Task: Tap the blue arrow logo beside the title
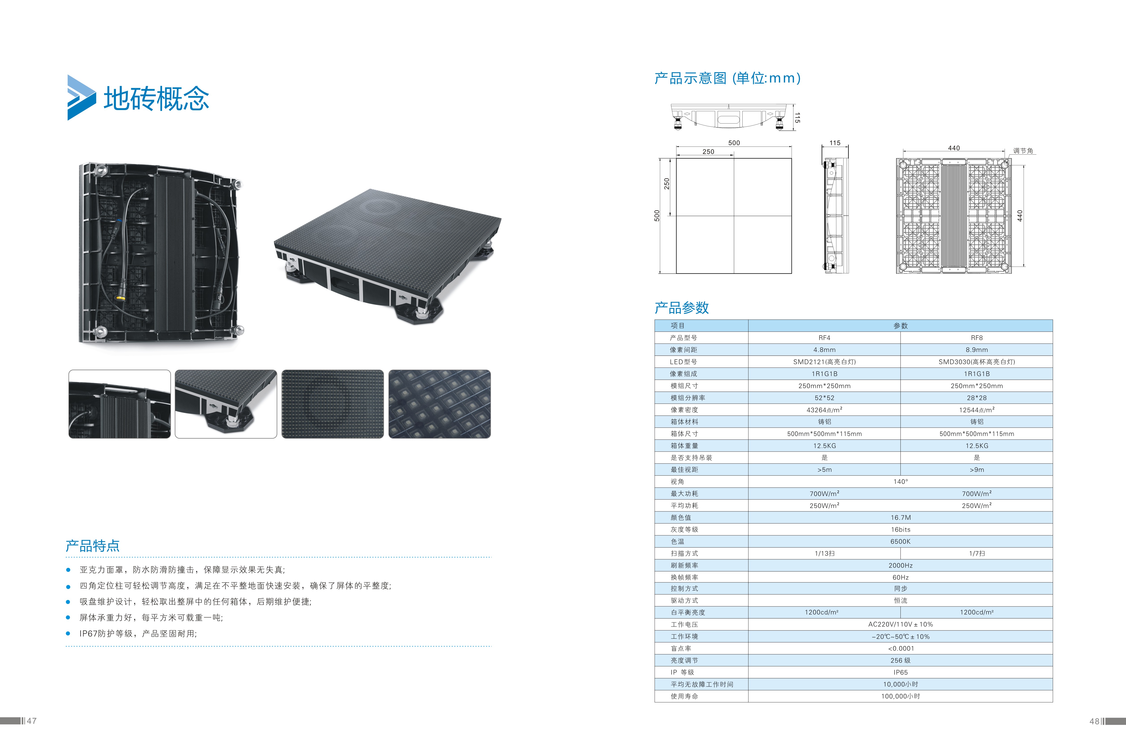tap(81, 98)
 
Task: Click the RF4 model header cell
tap(824, 338)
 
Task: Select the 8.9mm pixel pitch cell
tap(976, 350)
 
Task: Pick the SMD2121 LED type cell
tap(824, 362)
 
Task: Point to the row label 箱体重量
tap(685, 446)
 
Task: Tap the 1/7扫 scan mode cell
tap(976, 553)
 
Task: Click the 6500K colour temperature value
tap(900, 541)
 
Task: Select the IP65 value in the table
tap(900, 672)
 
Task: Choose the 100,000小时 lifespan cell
tap(900, 696)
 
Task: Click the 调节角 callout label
tap(1023, 151)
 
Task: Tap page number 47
tap(32, 721)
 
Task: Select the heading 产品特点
tap(93, 546)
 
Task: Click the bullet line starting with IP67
tap(138, 633)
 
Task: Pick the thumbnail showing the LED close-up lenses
tap(440, 404)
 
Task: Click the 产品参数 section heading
tap(682, 308)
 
